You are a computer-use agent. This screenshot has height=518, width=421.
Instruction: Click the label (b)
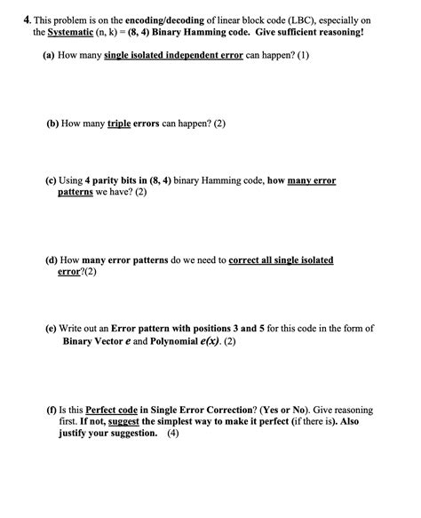tap(52, 124)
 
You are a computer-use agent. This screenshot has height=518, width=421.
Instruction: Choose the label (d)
tap(52, 260)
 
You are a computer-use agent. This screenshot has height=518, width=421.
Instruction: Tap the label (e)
tap(52, 328)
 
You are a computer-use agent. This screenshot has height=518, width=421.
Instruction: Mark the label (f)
tap(51, 410)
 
